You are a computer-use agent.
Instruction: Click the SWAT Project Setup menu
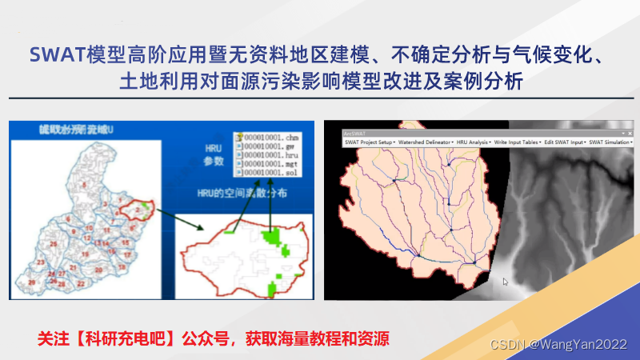[x=371, y=142]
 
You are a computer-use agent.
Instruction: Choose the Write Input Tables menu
[x=517, y=142]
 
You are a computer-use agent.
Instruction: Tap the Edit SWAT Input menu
[x=563, y=142]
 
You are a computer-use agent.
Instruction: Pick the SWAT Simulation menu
[x=609, y=142]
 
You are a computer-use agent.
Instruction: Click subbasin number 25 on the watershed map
[x=53, y=244]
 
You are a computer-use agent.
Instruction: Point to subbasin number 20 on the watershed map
[x=98, y=270]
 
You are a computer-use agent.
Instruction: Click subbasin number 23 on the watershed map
[x=41, y=262]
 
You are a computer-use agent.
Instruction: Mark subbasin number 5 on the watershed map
[x=84, y=186]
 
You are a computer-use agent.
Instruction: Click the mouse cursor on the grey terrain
[x=504, y=281]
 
